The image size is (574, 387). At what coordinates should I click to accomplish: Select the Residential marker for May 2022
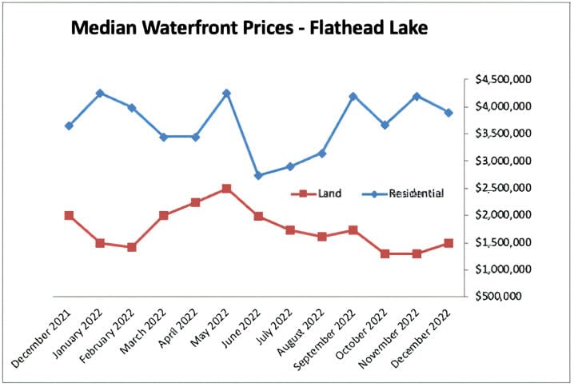(x=227, y=94)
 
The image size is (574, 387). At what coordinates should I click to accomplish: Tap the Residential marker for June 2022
(x=258, y=176)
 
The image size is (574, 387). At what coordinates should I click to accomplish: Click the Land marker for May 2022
(x=227, y=189)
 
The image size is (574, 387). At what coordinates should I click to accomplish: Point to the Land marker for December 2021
(x=69, y=216)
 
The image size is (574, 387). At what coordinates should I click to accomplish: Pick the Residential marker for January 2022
(x=101, y=94)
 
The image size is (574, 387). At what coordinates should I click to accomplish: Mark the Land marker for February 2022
(x=132, y=247)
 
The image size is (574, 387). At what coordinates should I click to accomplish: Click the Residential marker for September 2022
(x=353, y=97)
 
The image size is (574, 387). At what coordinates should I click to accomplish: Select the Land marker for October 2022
(x=385, y=253)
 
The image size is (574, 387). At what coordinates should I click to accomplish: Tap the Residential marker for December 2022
(x=448, y=113)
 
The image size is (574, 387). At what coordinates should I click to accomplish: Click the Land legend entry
(x=320, y=193)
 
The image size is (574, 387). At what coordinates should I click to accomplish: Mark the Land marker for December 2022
(x=448, y=243)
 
